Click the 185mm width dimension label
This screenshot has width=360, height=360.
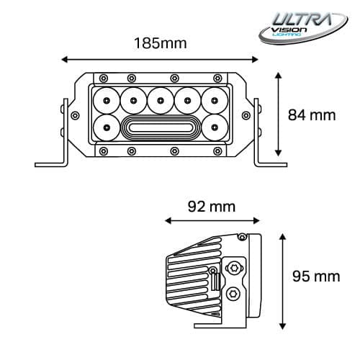(160, 42)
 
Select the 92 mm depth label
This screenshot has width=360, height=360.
(210, 207)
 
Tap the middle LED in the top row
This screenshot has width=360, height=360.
(160, 97)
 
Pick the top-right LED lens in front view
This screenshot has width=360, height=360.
(214, 98)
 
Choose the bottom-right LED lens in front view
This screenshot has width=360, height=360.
(214, 129)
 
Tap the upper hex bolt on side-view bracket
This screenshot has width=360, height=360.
(233, 269)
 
